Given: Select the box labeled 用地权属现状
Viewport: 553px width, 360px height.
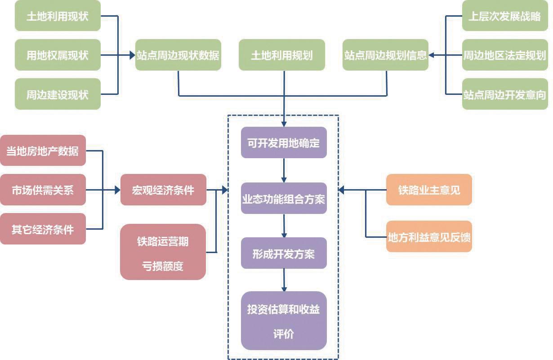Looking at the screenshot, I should (x=58, y=55).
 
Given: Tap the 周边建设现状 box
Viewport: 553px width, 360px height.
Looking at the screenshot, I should (x=58, y=94).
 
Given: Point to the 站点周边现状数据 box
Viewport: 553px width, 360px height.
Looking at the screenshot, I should (x=178, y=55).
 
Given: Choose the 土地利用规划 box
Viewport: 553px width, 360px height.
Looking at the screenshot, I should (x=281, y=55).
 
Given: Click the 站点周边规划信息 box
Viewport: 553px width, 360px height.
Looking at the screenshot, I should (x=385, y=55).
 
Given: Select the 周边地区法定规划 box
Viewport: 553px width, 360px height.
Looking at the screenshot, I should (x=505, y=55).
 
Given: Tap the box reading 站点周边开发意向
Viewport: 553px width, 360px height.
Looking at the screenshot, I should (x=505, y=94).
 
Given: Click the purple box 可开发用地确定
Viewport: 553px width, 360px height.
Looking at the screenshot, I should (x=284, y=142).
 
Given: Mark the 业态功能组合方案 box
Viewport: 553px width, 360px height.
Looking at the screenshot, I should (x=284, y=198).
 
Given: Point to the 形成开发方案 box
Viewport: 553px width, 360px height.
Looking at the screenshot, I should (x=284, y=253).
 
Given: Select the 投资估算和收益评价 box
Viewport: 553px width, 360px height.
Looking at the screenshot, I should (x=284, y=320).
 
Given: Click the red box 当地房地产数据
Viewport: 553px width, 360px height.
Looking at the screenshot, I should (x=43, y=151).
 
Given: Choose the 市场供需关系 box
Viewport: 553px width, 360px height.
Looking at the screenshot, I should (x=43, y=190).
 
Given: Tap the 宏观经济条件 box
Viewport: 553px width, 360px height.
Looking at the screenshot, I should (x=163, y=190).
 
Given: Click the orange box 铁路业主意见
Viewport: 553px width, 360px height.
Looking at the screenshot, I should (x=429, y=190).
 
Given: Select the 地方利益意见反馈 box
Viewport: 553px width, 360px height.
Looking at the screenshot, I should (x=429, y=236).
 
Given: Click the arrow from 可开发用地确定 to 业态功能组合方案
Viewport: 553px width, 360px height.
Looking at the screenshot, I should (x=284, y=170).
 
